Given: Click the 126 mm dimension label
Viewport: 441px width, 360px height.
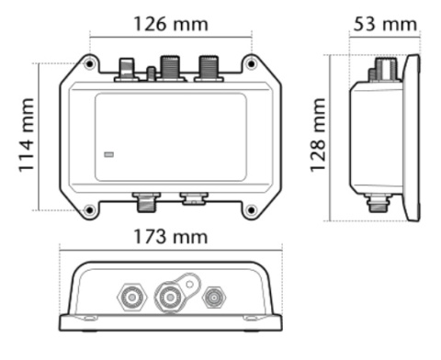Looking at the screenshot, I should [170, 21].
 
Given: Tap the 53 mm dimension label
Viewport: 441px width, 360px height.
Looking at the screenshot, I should [384, 23].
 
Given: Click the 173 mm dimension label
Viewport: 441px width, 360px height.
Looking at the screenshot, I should [170, 236].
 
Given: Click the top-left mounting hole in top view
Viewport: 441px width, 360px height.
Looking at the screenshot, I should [89, 65].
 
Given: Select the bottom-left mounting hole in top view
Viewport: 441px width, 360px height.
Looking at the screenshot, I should [89, 210].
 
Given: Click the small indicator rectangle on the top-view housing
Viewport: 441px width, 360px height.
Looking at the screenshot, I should [109, 155].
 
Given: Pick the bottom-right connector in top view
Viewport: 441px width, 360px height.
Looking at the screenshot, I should [193, 197].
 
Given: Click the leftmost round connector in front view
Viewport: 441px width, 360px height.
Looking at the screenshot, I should [128, 296].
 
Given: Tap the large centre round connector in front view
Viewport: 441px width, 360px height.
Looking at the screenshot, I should [170, 297].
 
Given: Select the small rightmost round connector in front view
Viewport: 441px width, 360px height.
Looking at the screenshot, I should [214, 297].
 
